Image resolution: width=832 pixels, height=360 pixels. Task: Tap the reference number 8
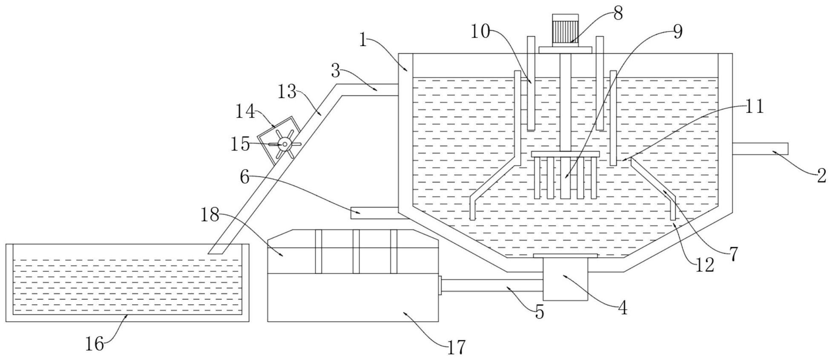pos(618,14)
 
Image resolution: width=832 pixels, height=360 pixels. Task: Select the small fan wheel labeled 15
pos(284,144)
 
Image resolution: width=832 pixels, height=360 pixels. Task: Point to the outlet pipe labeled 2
pos(760,149)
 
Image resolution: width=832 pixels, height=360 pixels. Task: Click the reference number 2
pos(821,176)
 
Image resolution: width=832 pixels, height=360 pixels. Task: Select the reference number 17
pos(456,348)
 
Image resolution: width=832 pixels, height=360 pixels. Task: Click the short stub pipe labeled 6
pos(374,213)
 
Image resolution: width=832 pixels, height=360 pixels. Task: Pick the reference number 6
pos(244,177)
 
